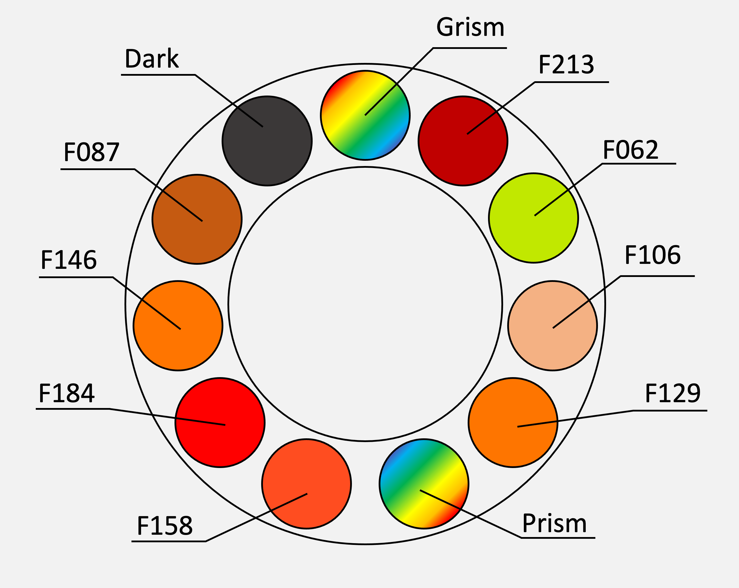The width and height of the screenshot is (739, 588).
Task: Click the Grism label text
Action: tap(470, 27)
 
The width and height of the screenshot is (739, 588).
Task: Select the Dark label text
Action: tap(152, 59)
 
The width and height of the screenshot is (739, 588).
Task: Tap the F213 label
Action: tap(566, 65)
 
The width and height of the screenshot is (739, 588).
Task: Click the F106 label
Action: tap(652, 255)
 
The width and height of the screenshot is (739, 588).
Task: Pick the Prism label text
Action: tap(554, 524)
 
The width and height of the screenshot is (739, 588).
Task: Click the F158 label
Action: tap(165, 526)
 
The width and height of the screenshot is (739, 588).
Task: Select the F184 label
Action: tap(67, 393)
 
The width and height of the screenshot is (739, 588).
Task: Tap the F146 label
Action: tap(69, 260)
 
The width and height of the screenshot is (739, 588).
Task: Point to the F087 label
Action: tap(91, 152)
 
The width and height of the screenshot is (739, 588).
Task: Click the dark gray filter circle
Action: tap(267, 141)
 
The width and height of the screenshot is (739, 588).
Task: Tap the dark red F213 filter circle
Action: tap(463, 141)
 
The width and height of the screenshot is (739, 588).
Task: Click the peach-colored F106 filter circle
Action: tap(553, 326)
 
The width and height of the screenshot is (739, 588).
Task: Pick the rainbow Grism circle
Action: tap(365, 115)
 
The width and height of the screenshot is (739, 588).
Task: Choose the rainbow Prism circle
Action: tap(424, 484)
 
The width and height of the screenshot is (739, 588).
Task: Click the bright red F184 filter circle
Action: tap(220, 423)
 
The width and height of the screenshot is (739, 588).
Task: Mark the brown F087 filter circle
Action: tap(197, 219)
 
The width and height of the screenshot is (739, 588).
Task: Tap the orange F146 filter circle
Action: tap(178, 326)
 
